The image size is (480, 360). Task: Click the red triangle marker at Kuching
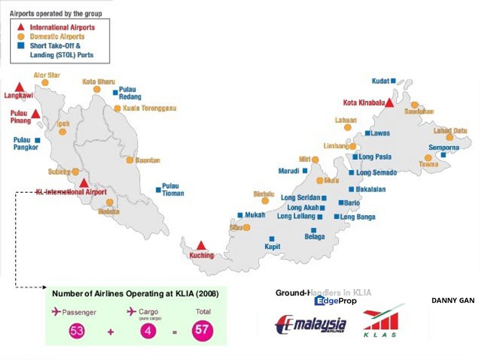click(x=201, y=245)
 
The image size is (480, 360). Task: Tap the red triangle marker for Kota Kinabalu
click(x=389, y=102)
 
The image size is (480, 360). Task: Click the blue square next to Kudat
click(x=393, y=80)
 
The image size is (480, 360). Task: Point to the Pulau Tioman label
click(x=173, y=189)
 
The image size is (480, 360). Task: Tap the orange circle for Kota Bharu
click(x=97, y=89)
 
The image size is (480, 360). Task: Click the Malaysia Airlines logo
click(x=311, y=324)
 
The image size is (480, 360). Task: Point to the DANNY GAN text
click(x=452, y=300)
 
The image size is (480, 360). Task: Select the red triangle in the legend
click(x=21, y=27)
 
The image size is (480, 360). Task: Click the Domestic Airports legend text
click(x=57, y=37)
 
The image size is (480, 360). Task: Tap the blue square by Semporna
click(x=443, y=155)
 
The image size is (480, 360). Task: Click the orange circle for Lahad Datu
click(x=449, y=137)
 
